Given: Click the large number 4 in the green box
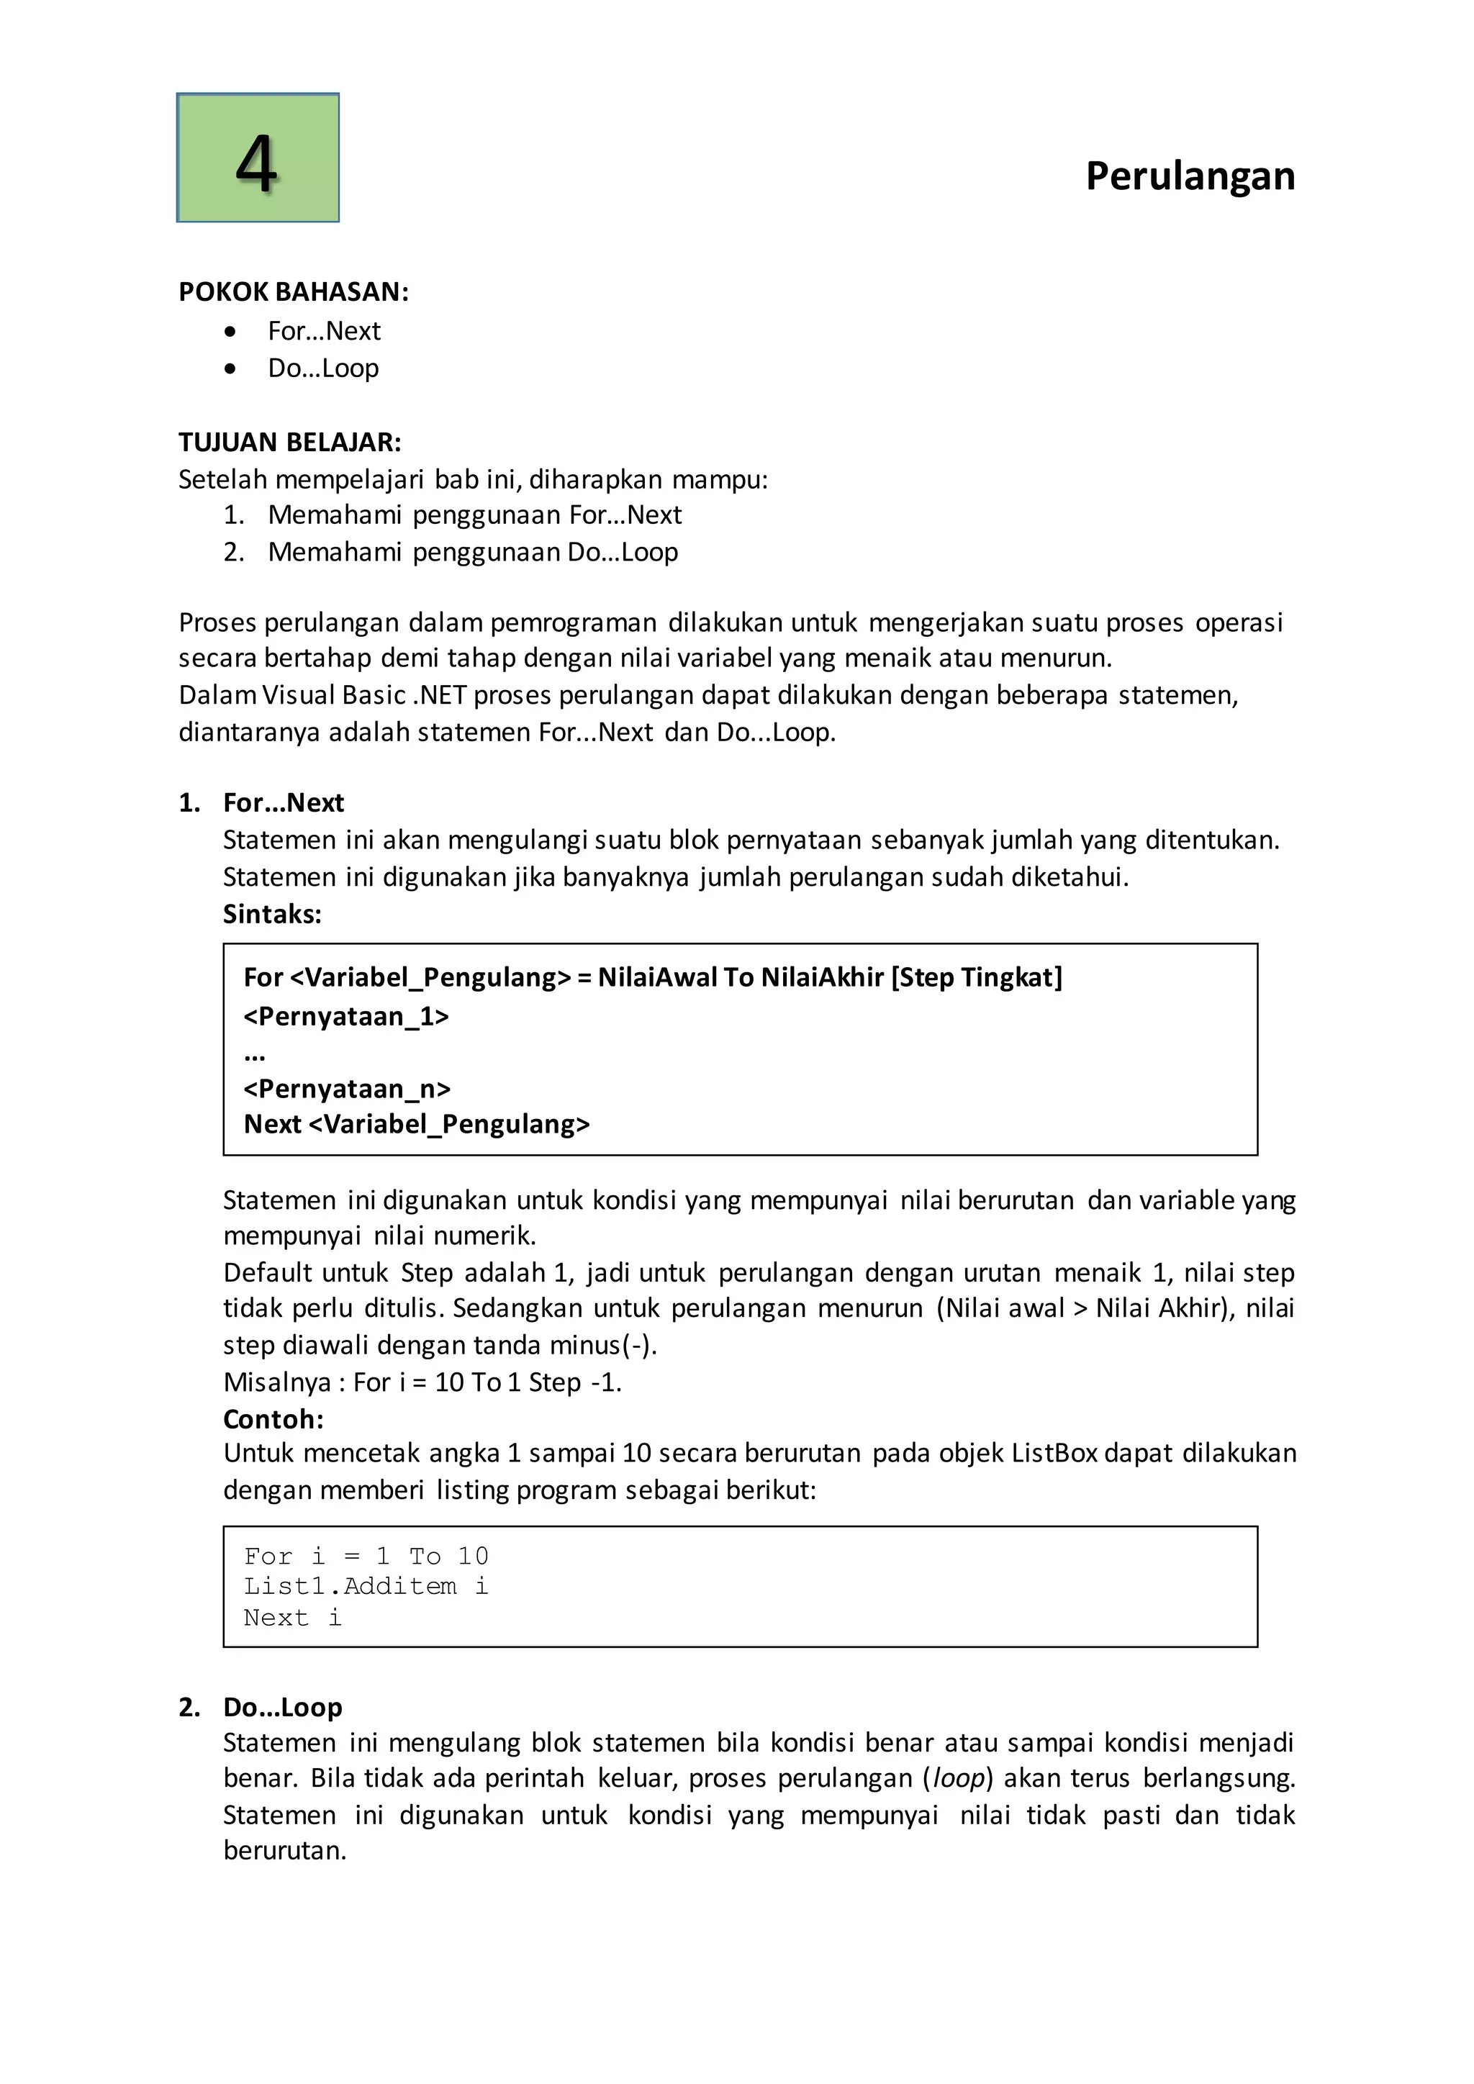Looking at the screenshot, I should (x=257, y=163).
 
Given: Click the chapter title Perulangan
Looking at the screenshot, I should (x=1189, y=176).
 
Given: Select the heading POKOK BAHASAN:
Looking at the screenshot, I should (x=293, y=292).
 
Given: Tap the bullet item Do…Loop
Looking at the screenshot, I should (x=323, y=368).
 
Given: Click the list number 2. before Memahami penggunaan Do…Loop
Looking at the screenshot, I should (x=233, y=552).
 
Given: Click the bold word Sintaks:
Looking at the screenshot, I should (x=272, y=914).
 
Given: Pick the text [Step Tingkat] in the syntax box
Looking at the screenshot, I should (x=977, y=977).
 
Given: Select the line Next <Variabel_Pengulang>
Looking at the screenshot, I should (x=417, y=1125).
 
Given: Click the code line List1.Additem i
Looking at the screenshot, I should (x=366, y=1587).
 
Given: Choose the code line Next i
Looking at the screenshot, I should (x=292, y=1618).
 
